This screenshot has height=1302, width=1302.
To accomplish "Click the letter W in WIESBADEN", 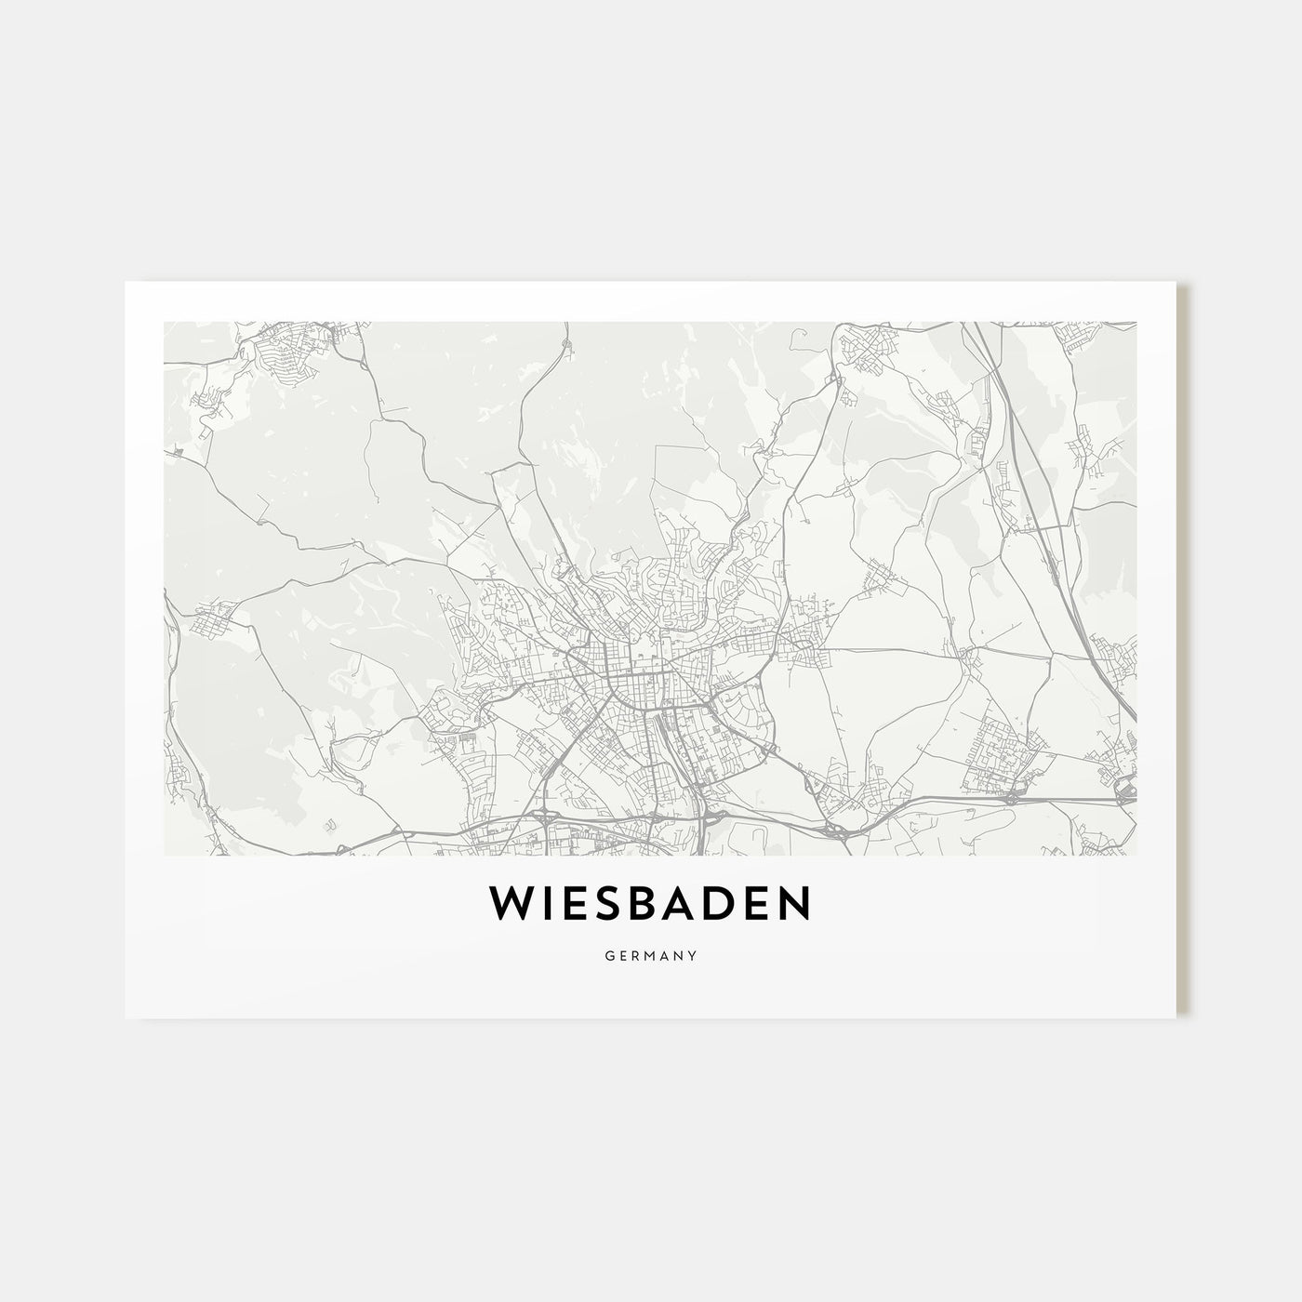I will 511,903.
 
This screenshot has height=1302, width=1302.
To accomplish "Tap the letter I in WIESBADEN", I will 548,903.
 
